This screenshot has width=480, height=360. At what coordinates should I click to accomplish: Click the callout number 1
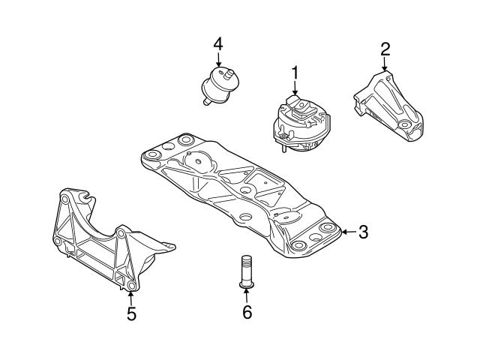tap(295, 73)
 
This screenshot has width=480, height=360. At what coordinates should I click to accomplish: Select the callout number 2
tap(385, 49)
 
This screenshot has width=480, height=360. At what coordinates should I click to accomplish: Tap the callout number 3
tap(362, 232)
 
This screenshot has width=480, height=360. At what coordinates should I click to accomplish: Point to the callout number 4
tap(218, 43)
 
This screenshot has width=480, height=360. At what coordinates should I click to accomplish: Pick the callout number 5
tap(131, 314)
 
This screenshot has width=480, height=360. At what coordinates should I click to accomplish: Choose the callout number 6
tap(247, 312)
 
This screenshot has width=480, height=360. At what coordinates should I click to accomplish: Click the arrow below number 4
tap(218, 60)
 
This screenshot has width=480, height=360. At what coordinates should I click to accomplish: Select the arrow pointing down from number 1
tap(295, 88)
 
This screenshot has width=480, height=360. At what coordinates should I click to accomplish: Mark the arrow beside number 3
tap(346, 232)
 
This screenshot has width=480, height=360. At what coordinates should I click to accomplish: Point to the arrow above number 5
tap(131, 298)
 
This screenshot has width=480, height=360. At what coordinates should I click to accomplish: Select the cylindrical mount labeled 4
tap(220, 85)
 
